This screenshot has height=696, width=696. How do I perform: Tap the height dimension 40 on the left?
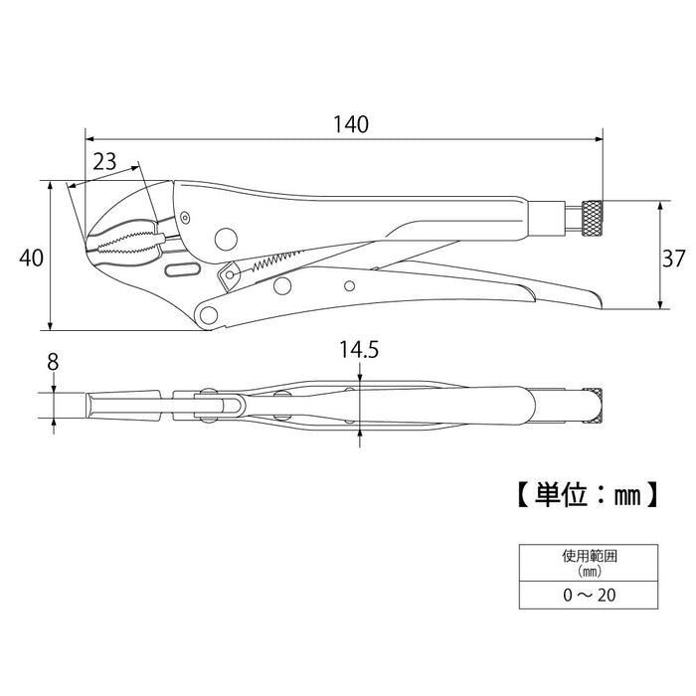[30, 258]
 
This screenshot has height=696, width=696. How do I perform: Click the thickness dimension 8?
[53, 364]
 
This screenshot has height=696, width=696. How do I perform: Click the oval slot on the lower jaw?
[181, 271]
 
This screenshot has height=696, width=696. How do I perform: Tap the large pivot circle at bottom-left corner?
[209, 315]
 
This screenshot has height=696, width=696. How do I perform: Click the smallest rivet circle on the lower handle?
[348, 286]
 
